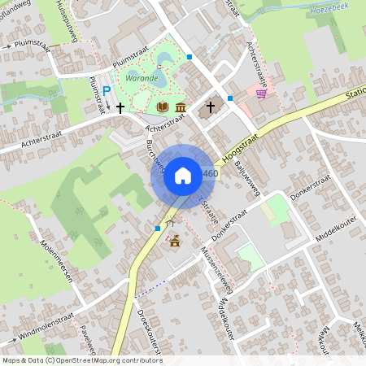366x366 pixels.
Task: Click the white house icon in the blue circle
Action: (183, 176)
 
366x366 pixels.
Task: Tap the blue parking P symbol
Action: (107, 90)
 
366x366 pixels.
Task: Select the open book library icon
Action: (162, 107)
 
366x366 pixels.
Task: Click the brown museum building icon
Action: (179, 107)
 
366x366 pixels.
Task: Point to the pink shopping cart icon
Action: (261, 94)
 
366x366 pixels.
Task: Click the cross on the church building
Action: (210, 107)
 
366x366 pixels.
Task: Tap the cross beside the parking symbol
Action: (120, 107)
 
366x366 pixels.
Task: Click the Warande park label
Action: (142, 78)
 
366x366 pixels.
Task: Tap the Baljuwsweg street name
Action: (244, 172)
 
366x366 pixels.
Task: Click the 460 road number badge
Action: (211, 174)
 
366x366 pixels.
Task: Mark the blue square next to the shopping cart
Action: (230, 98)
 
